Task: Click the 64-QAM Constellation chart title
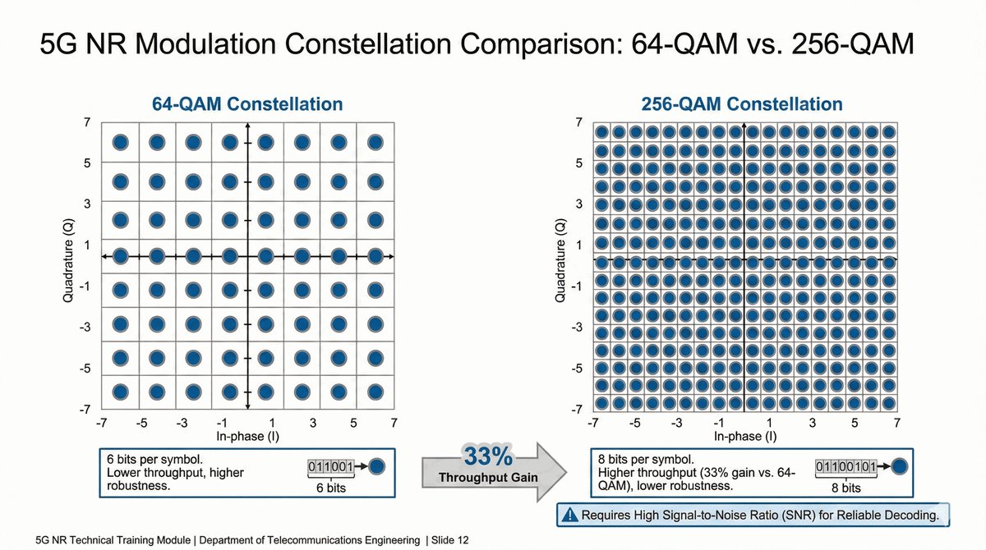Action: coord(247,104)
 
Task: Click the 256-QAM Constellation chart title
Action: coord(741,104)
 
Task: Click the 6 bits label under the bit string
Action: coord(330,488)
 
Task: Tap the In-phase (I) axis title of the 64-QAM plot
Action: coord(247,436)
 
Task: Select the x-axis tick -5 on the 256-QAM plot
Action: coord(634,424)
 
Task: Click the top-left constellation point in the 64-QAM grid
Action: coord(120,142)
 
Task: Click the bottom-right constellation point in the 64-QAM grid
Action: coord(375,392)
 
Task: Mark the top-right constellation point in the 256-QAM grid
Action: coord(888,132)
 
